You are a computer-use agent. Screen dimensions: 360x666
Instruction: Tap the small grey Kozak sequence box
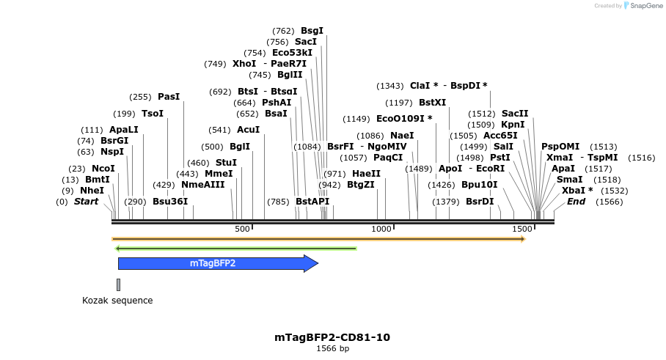coord(118,284)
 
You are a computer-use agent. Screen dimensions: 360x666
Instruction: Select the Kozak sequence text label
coord(117,301)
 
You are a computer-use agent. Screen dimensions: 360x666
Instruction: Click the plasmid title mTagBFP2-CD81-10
coord(332,337)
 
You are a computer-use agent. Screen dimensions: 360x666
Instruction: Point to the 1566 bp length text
coord(332,349)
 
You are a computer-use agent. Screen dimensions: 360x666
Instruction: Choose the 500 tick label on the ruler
coord(242,229)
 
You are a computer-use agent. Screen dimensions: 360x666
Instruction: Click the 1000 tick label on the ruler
coord(382,229)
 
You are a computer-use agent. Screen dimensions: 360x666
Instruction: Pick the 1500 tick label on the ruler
coord(522,229)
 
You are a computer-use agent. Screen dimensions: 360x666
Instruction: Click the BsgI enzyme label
coord(312,31)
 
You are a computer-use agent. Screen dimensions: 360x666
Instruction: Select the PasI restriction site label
coord(169,97)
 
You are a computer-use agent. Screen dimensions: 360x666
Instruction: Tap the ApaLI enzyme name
coord(124,130)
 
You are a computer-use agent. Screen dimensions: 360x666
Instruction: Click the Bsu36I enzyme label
coord(170,202)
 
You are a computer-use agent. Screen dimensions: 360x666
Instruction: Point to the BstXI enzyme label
coord(432,103)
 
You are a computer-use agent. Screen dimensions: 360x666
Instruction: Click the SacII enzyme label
coord(515,114)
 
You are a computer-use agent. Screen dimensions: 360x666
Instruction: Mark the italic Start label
coord(86,202)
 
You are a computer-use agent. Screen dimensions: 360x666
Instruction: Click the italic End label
coord(576,202)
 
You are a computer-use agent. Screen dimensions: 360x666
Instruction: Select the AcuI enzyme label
coord(249,130)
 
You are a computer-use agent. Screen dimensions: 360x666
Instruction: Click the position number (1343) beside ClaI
coord(391,86)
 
